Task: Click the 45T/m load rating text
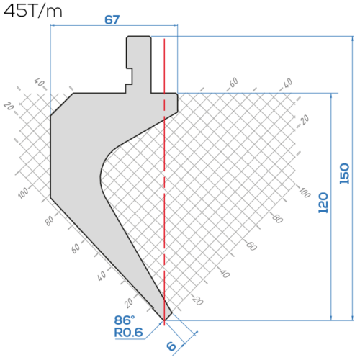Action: point(33,11)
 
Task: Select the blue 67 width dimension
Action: point(112,19)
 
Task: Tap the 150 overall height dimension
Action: point(344,174)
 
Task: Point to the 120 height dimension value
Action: point(323,202)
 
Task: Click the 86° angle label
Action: point(125,320)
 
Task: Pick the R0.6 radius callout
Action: point(128,333)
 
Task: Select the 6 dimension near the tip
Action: point(171,346)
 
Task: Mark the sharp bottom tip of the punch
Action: point(164,320)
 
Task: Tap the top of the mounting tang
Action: point(139,37)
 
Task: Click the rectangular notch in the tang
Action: point(129,76)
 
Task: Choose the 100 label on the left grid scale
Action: point(23,193)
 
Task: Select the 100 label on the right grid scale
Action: point(305,192)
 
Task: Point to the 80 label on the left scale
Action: point(50,220)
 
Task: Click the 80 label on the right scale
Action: point(278,218)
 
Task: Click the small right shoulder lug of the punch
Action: point(171,102)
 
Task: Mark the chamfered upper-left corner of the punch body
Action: point(62,104)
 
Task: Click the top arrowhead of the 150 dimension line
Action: point(353,39)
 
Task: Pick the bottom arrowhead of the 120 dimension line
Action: point(331,318)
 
